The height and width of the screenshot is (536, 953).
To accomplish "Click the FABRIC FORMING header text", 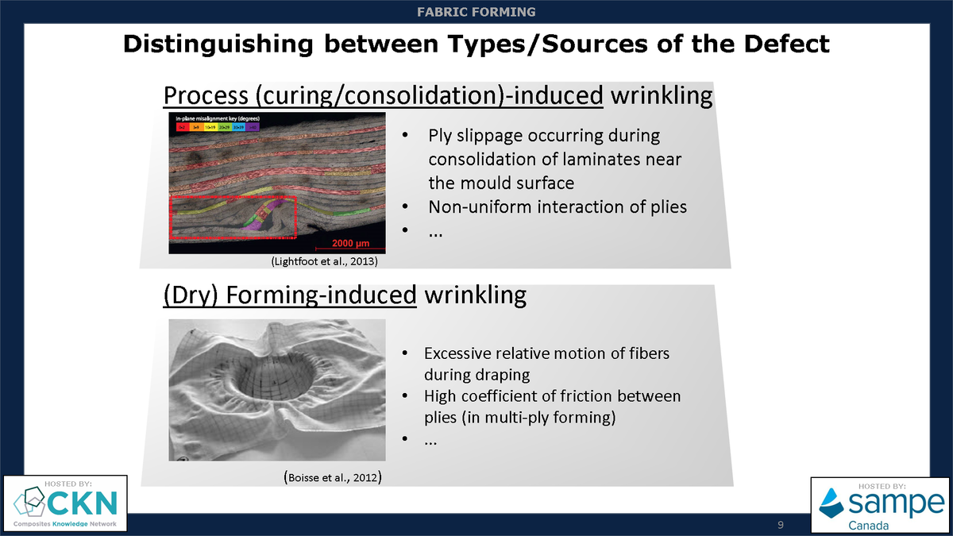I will pos(476,12).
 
